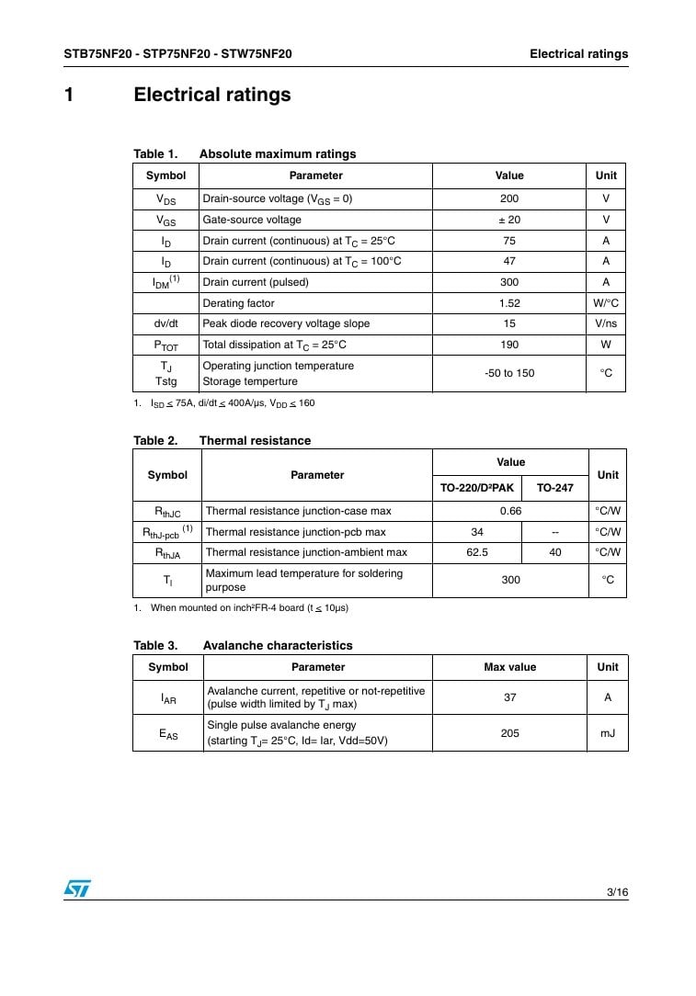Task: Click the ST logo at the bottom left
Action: point(77,888)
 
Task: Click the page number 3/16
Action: point(617,892)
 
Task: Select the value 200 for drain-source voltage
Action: point(509,198)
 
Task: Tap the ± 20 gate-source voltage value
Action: point(509,220)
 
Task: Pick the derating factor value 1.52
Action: point(509,303)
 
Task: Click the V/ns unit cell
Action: point(606,323)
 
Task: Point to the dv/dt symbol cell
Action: point(166,323)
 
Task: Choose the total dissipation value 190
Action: point(509,345)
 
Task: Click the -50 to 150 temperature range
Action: point(509,373)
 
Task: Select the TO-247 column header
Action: point(554,488)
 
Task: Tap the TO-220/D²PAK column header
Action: point(477,488)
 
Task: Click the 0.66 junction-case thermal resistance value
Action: point(510,511)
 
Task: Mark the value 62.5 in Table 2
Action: point(477,552)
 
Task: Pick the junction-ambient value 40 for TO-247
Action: point(554,552)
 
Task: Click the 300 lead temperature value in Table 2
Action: point(510,580)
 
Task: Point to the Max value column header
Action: point(509,667)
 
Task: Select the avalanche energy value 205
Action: point(509,733)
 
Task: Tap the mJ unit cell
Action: point(607,733)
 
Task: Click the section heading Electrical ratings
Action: point(212,95)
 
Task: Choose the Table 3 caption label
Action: point(154,646)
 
